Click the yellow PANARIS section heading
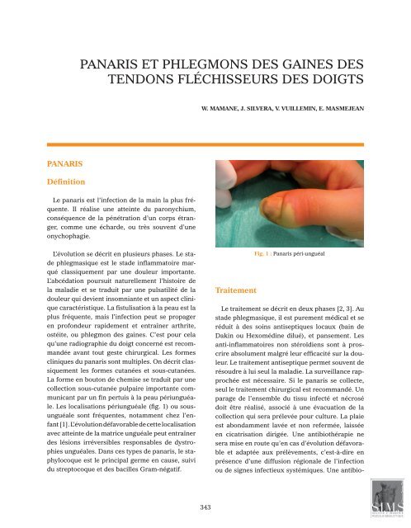pos(45,153)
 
